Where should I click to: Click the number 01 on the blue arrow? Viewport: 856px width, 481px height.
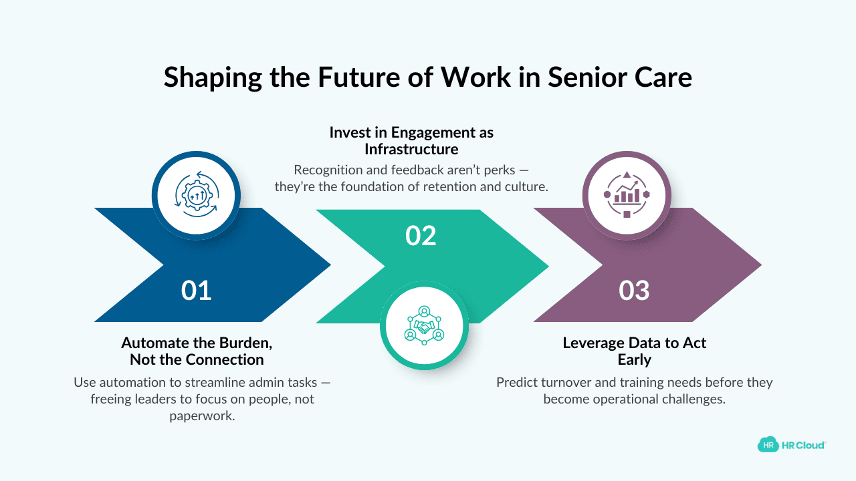pos(196,291)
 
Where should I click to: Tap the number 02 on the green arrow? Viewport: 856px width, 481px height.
pos(421,236)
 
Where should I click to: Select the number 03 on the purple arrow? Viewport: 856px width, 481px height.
pos(634,291)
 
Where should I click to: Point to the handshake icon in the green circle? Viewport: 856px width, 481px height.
pos(424,325)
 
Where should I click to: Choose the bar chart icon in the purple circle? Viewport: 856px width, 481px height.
pos(627,194)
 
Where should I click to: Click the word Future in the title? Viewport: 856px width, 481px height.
pos(353,77)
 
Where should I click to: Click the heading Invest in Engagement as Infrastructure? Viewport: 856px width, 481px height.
pos(411,140)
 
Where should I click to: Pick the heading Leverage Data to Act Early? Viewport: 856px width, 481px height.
pos(634,351)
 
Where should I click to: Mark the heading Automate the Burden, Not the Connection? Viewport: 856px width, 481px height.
pos(197,351)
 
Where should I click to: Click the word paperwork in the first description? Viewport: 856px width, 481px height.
pos(202,416)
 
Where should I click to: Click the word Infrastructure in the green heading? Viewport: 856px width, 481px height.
pos(411,148)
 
